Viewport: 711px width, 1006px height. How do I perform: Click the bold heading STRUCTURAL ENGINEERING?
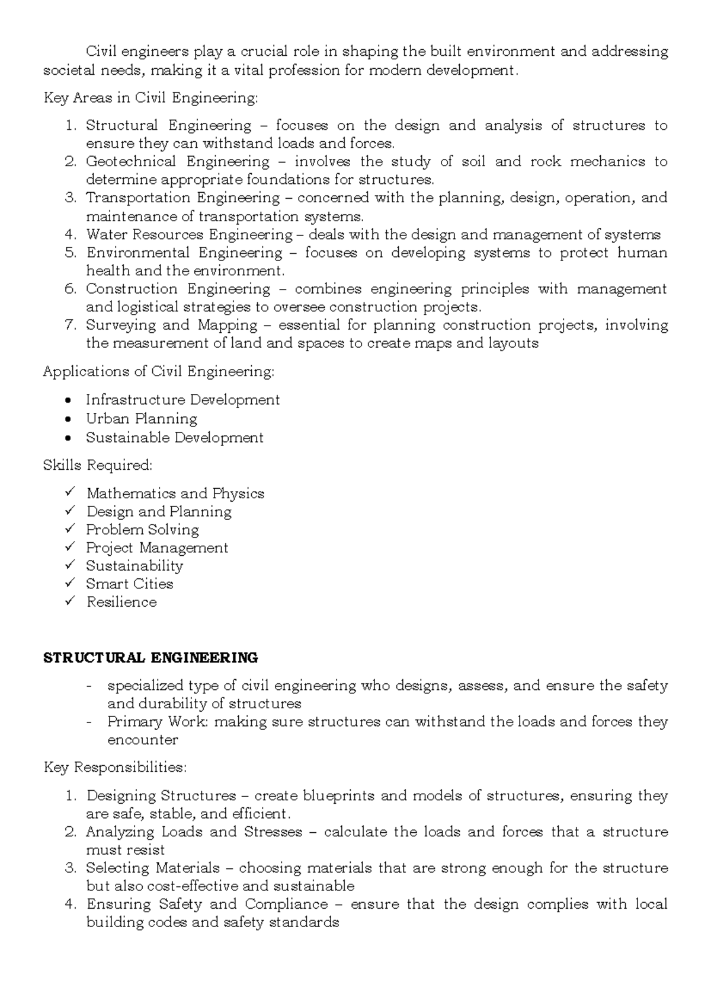pos(150,658)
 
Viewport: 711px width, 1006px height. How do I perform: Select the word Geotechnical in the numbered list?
pos(130,161)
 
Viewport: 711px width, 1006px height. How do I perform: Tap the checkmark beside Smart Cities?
pos(71,583)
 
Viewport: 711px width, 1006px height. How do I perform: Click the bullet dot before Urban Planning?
pos(71,419)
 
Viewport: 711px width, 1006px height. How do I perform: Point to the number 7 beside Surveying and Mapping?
pos(71,325)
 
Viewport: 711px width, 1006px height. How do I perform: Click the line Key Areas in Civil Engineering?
pos(150,98)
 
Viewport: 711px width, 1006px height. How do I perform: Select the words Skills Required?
pos(98,466)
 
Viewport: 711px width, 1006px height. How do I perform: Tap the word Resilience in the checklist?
pos(121,602)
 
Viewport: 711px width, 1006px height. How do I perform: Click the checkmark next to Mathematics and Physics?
pos(71,492)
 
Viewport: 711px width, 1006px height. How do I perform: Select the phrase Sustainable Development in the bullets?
pos(174,438)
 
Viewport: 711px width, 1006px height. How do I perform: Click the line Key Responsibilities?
pos(115,768)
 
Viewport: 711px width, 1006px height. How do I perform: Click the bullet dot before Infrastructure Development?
pos(71,400)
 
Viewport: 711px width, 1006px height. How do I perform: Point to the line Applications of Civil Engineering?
pos(159,372)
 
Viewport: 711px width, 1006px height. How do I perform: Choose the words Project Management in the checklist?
pos(157,547)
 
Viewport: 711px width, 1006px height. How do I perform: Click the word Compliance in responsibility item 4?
pos(286,904)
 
